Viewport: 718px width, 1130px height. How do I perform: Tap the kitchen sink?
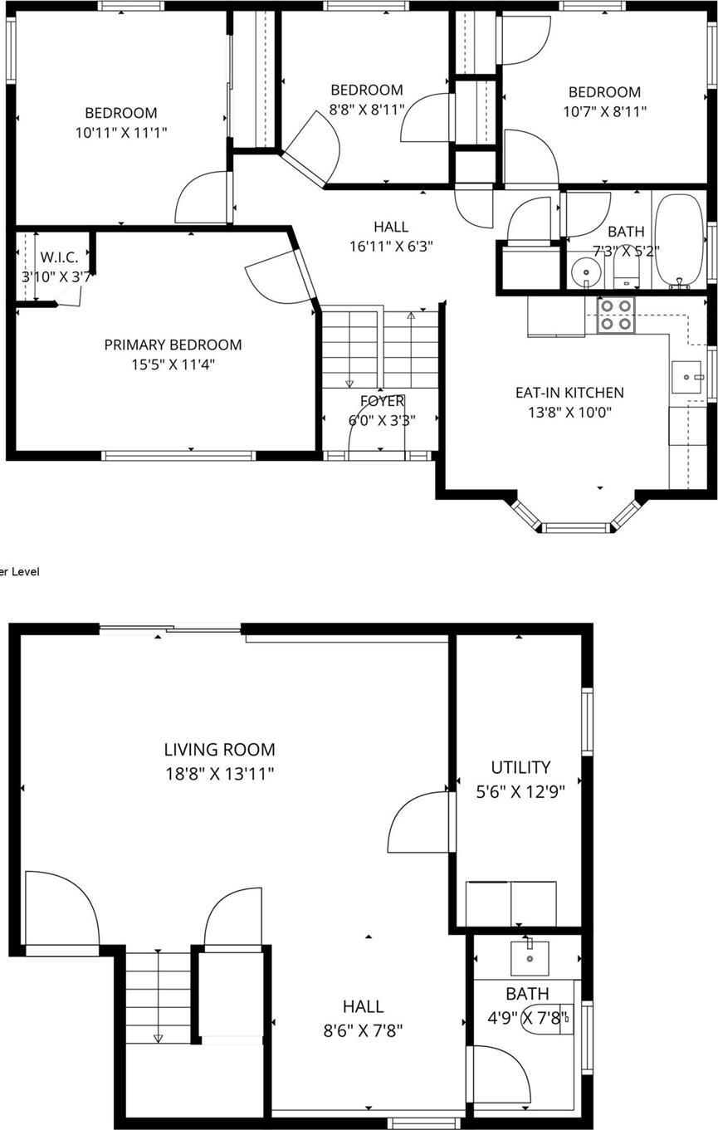pyautogui.click(x=686, y=378)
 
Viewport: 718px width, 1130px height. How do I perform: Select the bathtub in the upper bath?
pyautogui.click(x=679, y=241)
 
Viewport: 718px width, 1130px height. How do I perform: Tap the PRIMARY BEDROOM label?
pyautogui.click(x=173, y=345)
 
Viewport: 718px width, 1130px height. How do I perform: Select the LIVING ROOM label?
pyautogui.click(x=219, y=750)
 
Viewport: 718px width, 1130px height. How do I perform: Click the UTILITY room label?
pyautogui.click(x=520, y=767)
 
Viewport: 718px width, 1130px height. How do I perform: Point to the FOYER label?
pyautogui.click(x=382, y=402)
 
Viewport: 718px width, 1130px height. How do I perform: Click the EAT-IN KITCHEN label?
pyautogui.click(x=569, y=393)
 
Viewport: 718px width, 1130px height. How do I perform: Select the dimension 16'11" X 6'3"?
pyautogui.click(x=391, y=246)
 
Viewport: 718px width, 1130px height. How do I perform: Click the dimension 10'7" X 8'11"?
pyautogui.click(x=604, y=110)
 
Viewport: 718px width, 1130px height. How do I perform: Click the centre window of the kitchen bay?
pyautogui.click(x=576, y=527)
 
